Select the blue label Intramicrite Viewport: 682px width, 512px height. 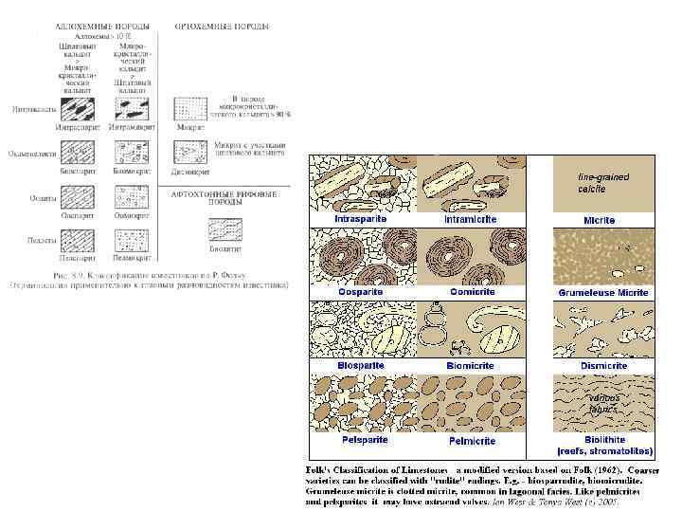tap(471, 220)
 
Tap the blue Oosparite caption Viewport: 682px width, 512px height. tap(360, 292)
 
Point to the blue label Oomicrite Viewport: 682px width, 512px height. tap(470, 292)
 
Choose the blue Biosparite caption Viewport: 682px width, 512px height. tap(360, 365)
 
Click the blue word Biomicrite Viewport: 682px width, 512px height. tap(471, 365)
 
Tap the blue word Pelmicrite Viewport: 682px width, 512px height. tap(471, 441)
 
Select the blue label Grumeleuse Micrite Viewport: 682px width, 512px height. tap(602, 293)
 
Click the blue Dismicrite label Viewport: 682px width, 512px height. tap(604, 366)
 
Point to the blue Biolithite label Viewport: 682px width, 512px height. tap(604, 440)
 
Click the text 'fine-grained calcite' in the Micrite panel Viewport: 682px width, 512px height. tap(602, 183)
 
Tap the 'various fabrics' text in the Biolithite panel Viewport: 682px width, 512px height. tap(603, 403)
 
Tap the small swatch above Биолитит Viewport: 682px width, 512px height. tap(224, 229)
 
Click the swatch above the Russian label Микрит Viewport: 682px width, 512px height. tap(191, 104)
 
